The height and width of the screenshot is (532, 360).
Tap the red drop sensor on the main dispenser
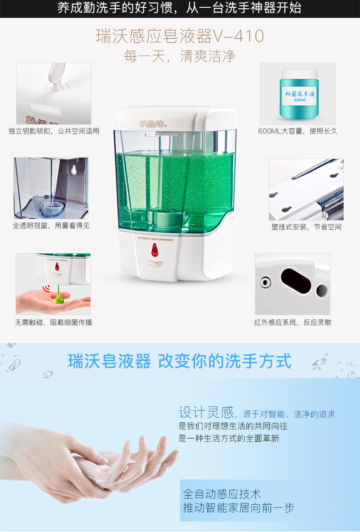tap(155, 250)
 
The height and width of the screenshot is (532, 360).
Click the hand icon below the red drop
tap(155, 263)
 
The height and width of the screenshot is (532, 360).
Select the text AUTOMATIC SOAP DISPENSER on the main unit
tap(155, 239)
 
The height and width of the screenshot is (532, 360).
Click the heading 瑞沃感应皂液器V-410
tap(180, 36)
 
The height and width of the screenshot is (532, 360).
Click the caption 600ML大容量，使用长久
tap(298, 131)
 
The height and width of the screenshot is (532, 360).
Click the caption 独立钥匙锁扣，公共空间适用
tap(54, 131)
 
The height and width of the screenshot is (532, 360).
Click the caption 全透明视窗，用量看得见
tap(51, 225)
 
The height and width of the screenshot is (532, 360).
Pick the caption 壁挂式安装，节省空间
tap(306, 227)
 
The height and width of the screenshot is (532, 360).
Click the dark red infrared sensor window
tap(296, 281)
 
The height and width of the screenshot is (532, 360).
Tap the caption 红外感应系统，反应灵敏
tap(293, 322)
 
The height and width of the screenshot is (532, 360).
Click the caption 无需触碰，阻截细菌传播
tap(53, 322)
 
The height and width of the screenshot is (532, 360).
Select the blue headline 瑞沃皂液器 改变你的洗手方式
tap(180, 361)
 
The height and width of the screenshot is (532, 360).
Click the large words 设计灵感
tap(206, 412)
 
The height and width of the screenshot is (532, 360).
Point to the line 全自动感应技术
tap(222, 494)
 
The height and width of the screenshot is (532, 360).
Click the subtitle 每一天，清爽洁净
tap(180, 56)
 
